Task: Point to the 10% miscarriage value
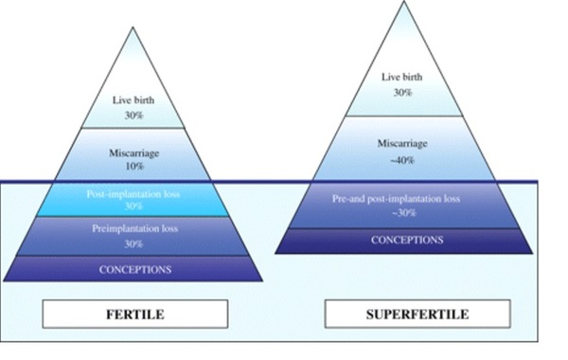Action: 133,166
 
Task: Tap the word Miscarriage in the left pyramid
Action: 133,152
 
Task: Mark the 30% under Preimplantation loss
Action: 133,243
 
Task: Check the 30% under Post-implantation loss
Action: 133,207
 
